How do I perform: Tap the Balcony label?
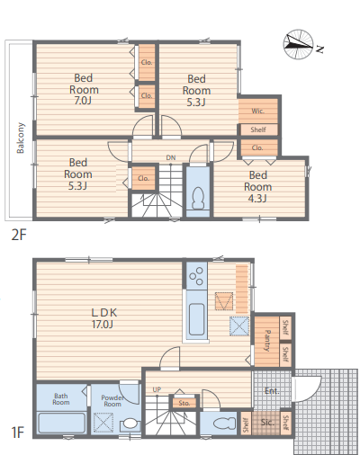21,138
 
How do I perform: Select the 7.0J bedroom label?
84,89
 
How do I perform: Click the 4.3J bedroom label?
258,186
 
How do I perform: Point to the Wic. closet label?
257,112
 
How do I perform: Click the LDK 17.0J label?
103,318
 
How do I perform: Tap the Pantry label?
267,341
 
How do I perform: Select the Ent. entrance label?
272,391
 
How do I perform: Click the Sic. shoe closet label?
267,423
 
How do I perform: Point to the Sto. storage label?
184,403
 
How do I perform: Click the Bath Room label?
61,399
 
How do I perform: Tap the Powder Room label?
112,401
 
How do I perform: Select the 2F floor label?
19,235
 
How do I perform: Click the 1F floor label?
18,433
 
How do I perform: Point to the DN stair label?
171,157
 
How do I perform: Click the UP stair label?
157,389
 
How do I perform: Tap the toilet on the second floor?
198,198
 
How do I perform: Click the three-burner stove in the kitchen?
196,276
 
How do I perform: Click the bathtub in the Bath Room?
62,423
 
